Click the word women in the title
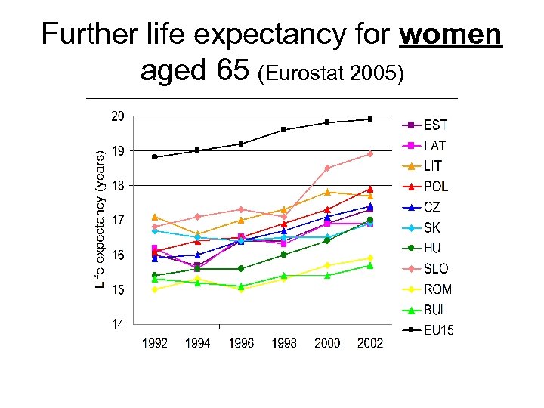click(452, 34)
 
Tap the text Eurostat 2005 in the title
click(331, 74)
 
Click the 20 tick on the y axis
click(118, 116)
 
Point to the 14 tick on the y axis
click(118, 325)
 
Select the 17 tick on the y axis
click(118, 221)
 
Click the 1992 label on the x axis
click(155, 344)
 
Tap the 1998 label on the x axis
click(284, 344)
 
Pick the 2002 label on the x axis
click(369, 344)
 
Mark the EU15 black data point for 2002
click(369, 119)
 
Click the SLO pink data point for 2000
click(327, 168)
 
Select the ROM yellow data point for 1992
click(155, 289)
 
